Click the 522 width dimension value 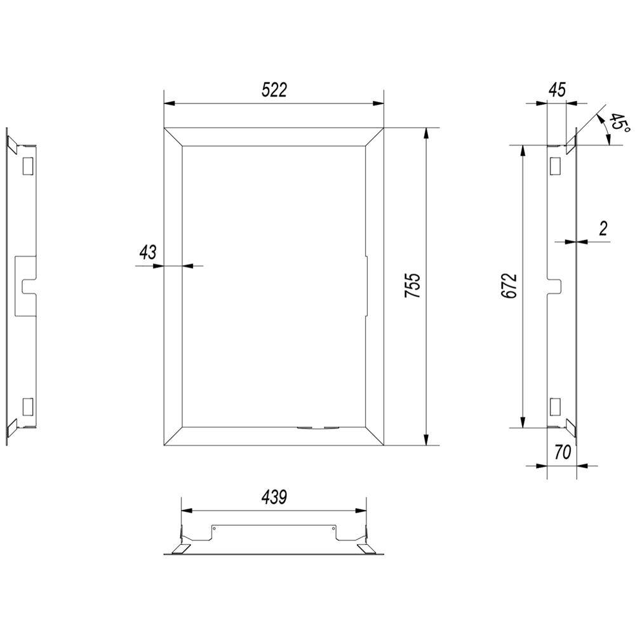pos(274,90)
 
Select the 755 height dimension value pos(413,286)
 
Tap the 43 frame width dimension pos(147,253)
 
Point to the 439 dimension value pos(274,497)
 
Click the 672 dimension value pos(509,286)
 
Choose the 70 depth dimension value pos(563,452)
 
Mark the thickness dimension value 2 pos(603,229)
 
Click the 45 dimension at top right pos(557,90)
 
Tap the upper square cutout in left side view pos(27,166)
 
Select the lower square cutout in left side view pos(27,407)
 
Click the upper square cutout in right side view pos(555,166)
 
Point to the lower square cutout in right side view pos(555,407)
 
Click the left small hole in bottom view pos(215,528)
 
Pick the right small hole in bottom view pos(333,528)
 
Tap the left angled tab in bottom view pos(182,549)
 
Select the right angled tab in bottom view pos(366,549)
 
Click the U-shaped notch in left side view pos(29,286)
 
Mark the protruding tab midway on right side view pos(555,286)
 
